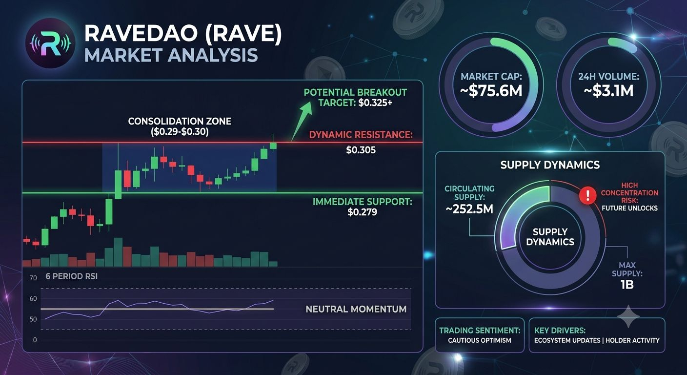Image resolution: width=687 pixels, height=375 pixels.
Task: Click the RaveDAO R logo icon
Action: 50,43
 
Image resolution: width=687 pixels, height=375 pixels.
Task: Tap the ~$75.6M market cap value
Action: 491,91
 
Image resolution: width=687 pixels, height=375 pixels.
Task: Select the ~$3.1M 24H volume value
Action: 608,91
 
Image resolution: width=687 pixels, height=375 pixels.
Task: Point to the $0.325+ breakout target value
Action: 375,103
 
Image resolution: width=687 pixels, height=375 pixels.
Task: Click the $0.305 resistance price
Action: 361,150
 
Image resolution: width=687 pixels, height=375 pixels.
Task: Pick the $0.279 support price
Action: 362,212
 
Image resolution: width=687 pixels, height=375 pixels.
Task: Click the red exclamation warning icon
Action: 587,195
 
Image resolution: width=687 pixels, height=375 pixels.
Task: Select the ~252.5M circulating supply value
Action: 469,209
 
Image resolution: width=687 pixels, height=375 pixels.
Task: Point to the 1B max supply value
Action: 627,285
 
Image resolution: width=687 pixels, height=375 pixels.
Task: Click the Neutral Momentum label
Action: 356,309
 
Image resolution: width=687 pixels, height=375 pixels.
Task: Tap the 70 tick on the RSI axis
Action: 33,278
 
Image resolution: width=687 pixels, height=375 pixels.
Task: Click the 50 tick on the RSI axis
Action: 33,319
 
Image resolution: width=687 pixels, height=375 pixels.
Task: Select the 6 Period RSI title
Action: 71,276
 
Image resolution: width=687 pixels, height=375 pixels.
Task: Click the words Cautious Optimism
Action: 479,340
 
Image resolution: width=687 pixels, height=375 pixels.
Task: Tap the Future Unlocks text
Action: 629,208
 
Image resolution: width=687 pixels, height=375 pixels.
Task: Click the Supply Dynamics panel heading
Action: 550,165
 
